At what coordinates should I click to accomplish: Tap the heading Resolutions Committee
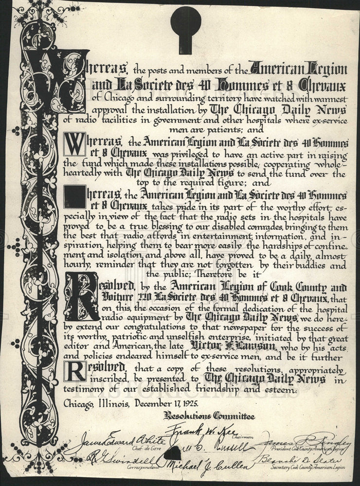point(209,416)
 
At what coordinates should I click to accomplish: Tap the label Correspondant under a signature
point(144,465)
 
